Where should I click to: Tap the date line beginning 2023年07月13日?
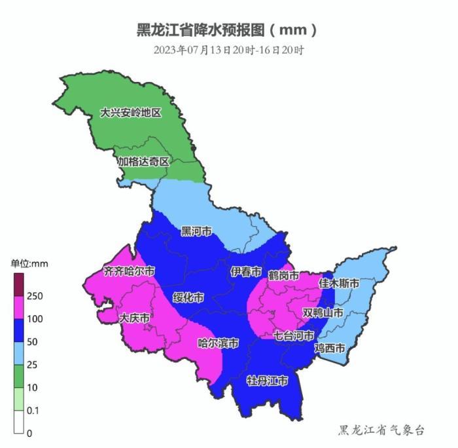pyautogui.click(x=228, y=50)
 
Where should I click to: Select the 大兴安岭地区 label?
pyautogui.click(x=130, y=113)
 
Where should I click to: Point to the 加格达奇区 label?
pyautogui.click(x=143, y=161)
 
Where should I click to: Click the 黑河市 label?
pyautogui.click(x=196, y=232)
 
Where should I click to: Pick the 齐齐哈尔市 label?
pyautogui.click(x=130, y=271)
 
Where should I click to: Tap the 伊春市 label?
pyautogui.click(x=246, y=272)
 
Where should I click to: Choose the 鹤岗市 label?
pyautogui.click(x=283, y=275)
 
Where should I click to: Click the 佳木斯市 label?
pyautogui.click(x=339, y=284)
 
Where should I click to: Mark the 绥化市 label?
pyautogui.click(x=188, y=297)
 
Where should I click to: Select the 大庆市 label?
pyautogui.click(x=134, y=318)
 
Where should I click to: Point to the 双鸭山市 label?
pyautogui.click(x=323, y=313)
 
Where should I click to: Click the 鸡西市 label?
pyautogui.click(x=330, y=348)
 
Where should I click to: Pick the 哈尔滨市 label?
pyautogui.click(x=218, y=343)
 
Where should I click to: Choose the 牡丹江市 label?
pyautogui.click(x=267, y=381)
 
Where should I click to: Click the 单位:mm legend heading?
pyautogui.click(x=29, y=263)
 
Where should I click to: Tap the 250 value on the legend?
pyautogui.click(x=35, y=296)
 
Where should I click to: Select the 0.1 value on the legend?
pyautogui.click(x=34, y=410)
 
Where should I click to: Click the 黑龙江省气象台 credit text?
pyautogui.click(x=381, y=430)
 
